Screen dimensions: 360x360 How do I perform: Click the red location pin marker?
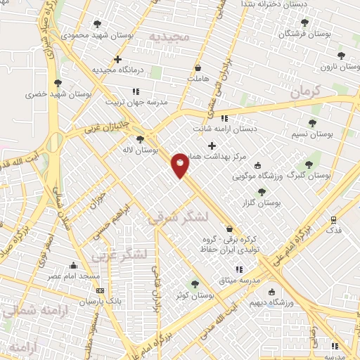point(181,165)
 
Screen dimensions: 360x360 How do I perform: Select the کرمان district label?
point(305,90)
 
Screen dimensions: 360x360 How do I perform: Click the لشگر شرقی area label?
point(178,219)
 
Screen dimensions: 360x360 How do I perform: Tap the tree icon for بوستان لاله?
point(141,139)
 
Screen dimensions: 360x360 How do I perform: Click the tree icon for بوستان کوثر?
point(195,284)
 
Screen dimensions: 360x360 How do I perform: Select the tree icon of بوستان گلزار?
point(262,191)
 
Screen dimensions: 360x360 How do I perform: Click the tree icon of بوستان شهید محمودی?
point(97,23)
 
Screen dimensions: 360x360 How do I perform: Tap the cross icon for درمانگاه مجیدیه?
point(117,59)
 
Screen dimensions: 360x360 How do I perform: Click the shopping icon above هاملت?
point(199,68)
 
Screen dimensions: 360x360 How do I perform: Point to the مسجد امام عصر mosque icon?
point(73,265)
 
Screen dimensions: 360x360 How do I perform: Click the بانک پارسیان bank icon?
point(100,290)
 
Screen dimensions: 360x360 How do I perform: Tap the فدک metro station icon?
point(334,219)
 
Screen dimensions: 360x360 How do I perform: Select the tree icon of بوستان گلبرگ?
point(308,164)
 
